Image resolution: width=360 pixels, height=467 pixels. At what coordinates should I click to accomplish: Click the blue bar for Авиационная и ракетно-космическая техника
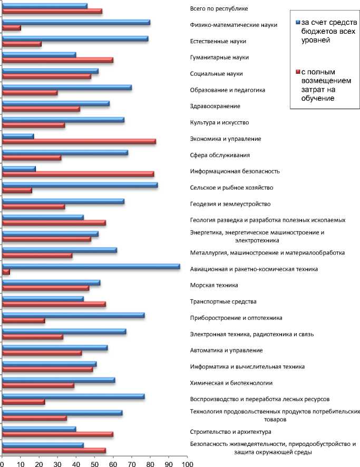(91, 266)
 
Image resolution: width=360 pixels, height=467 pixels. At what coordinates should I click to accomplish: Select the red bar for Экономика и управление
(79, 141)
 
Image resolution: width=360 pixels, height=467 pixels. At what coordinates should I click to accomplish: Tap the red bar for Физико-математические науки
(12, 28)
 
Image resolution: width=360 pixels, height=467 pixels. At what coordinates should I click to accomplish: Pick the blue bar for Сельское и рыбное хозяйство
(80, 185)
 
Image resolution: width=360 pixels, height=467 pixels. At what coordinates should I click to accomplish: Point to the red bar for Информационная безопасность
(79, 174)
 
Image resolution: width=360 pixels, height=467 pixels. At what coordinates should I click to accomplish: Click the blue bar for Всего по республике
(45, 6)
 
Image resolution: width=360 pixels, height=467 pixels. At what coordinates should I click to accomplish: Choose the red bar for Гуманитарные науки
(58, 60)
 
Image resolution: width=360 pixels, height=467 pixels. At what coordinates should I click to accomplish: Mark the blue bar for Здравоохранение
(56, 104)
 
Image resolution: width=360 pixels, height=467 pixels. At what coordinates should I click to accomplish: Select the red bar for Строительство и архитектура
(58, 434)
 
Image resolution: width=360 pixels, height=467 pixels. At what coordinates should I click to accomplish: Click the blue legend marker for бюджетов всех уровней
(298, 22)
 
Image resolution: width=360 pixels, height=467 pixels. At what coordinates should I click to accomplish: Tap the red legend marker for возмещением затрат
(298, 72)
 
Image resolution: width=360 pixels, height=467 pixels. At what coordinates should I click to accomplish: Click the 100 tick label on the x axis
(187, 464)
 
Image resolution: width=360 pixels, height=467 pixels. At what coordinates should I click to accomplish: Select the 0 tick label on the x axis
(2, 464)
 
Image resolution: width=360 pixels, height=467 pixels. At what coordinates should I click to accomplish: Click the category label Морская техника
(214, 285)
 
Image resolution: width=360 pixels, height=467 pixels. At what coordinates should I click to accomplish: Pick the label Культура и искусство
(219, 122)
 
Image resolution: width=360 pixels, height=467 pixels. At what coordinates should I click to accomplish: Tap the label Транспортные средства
(223, 301)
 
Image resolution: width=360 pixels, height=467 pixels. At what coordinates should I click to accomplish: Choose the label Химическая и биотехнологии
(231, 383)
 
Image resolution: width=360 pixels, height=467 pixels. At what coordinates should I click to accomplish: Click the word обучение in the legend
(318, 98)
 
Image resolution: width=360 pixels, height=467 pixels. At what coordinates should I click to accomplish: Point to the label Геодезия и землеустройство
(230, 204)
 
